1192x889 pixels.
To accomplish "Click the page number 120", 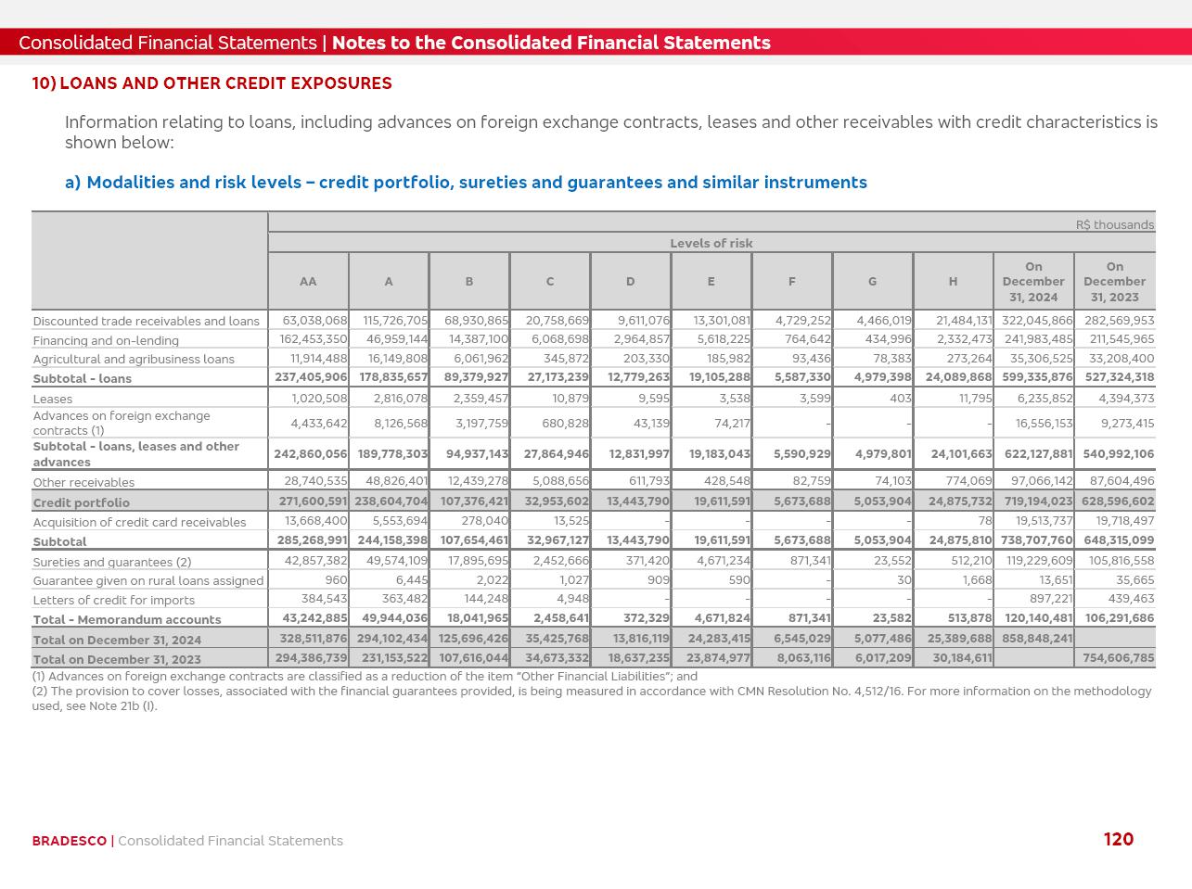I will (x=1118, y=839).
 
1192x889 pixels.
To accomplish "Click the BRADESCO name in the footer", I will (x=69, y=841).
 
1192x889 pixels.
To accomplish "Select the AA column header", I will (x=308, y=281).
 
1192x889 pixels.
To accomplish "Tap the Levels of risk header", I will (x=711, y=243).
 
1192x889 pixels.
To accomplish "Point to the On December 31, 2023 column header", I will (x=1114, y=281).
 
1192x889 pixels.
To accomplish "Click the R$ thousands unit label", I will (x=1114, y=224).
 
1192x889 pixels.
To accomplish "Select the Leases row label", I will (x=53, y=399).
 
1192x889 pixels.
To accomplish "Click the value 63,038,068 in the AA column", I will (x=315, y=321).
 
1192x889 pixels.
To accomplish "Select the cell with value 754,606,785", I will (x=1118, y=658).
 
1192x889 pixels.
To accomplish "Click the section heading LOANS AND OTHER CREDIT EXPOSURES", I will (x=225, y=83).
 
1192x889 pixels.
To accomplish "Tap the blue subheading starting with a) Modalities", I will (x=466, y=183).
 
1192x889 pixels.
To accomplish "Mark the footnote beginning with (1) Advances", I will (x=365, y=677).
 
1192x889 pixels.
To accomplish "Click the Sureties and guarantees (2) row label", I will (x=112, y=562).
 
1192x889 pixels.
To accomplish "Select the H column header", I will (x=953, y=281).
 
